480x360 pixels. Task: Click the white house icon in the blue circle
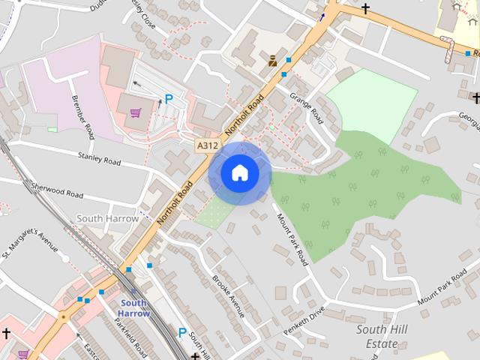(x=240, y=173)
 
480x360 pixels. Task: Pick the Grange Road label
(x=304, y=108)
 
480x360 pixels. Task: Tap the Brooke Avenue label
(x=228, y=295)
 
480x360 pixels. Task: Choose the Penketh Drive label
(x=304, y=320)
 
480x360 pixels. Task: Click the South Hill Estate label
(x=376, y=337)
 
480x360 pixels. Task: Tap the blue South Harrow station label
(x=135, y=308)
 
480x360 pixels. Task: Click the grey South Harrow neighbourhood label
(x=108, y=218)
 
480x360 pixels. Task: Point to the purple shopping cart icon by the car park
(x=135, y=113)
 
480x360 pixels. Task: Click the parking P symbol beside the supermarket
(x=169, y=98)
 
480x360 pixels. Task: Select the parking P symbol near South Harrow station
(x=182, y=331)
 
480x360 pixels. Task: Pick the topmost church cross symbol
(x=365, y=9)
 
